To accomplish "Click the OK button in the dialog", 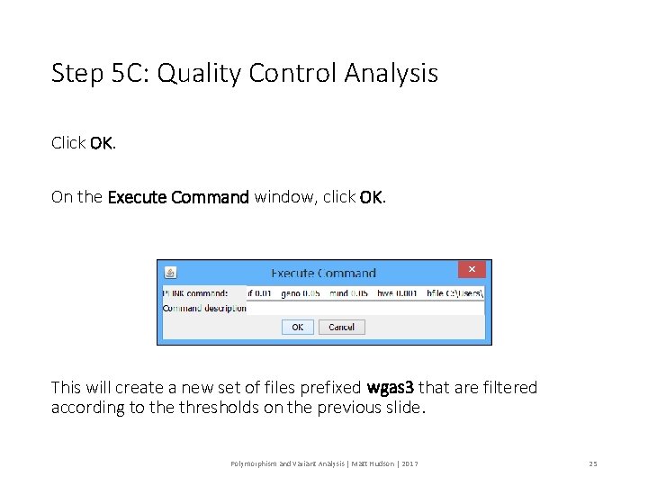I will (x=298, y=328).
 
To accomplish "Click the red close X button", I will (x=472, y=269).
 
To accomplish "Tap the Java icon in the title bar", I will (x=170, y=272).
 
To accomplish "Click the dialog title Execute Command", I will (x=323, y=273).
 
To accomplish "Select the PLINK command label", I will (x=195, y=293).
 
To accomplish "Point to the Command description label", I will (x=204, y=308).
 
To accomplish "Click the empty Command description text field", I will (x=365, y=308).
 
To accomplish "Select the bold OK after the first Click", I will (x=101, y=143).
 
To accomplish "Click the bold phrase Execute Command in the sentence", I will (x=178, y=197).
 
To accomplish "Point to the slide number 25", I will (x=593, y=463).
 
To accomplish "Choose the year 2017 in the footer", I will (x=409, y=463).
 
